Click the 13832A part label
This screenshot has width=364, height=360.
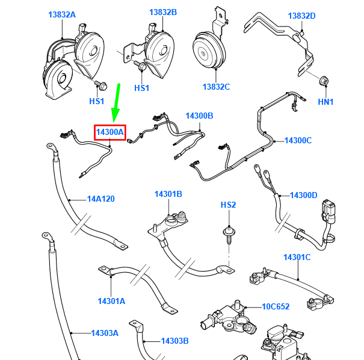pos(62,14)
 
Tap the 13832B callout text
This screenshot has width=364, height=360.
pos(163,12)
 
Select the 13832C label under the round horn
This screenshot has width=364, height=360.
pos(216,87)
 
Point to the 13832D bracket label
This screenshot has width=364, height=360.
pos(301,16)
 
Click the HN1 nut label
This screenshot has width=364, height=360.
pos(325,102)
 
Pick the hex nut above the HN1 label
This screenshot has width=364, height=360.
pos(323,81)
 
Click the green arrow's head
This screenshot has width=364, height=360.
pos(115,115)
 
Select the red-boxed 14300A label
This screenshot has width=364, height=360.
pos(110,132)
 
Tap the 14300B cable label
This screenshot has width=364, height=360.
pos(199,116)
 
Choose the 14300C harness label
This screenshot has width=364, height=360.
pos(298,140)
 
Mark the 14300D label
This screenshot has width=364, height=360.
pos(304,195)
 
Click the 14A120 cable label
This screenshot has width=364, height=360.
pos(100,199)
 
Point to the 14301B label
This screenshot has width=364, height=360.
pos(168,194)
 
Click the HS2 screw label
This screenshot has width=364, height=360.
pos(228,205)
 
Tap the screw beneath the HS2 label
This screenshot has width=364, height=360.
pos(229,235)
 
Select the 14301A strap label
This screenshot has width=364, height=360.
pos(111,301)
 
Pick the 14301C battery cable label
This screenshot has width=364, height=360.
pos(297,257)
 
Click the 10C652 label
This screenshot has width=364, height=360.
pos(276,306)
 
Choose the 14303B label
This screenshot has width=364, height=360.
pos(175,341)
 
